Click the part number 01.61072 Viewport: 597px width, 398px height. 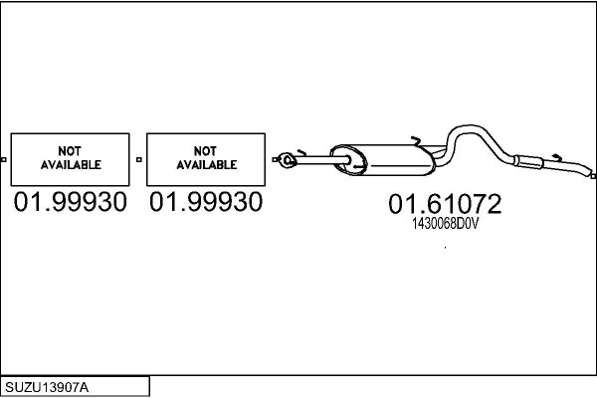tap(445, 205)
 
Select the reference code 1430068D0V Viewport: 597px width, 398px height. tap(445, 225)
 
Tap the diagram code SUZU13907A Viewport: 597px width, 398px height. tap(46, 386)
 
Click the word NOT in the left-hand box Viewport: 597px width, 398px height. tap(70, 151)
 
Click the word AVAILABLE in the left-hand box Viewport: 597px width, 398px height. tap(70, 164)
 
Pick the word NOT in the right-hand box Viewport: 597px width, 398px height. tap(206, 151)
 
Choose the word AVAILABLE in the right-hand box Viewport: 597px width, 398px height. tap(206, 164)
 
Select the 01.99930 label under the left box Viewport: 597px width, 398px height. tap(70, 203)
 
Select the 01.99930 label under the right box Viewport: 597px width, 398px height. tap(206, 203)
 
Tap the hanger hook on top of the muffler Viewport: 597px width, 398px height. tap(416, 138)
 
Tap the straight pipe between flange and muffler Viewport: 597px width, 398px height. tap(313, 158)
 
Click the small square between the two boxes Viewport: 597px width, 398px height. tap(138, 159)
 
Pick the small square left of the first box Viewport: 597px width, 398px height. tap(3, 159)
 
